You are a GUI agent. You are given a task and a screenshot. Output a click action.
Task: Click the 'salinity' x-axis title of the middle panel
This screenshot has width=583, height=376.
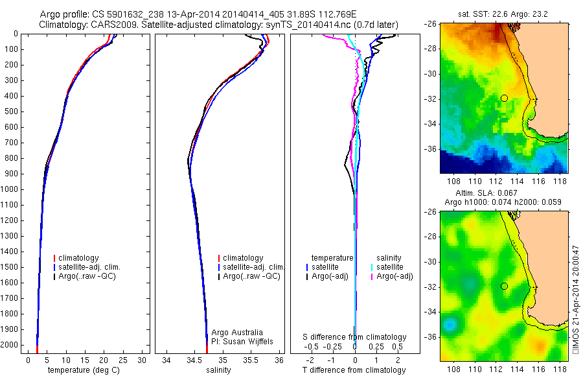[218, 370]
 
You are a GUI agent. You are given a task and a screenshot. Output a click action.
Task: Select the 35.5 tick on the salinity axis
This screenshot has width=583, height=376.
[251, 360]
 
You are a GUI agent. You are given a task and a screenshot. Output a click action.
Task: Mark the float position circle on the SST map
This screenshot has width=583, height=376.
[504, 98]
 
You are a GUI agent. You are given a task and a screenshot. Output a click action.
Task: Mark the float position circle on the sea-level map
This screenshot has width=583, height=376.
[504, 286]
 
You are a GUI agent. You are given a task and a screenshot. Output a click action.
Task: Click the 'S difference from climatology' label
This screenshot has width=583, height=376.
[355, 337]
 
